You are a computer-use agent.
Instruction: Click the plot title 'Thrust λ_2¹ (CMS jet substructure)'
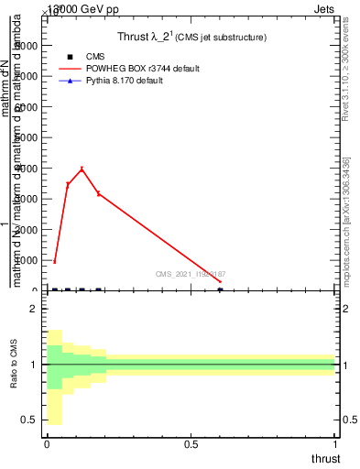tap(191, 38)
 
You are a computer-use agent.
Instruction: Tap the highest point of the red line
tap(82, 169)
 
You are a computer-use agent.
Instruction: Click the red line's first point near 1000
tap(55, 261)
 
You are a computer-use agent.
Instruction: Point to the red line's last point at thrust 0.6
tap(220, 282)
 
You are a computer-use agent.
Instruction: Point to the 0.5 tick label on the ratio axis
tap(28, 420)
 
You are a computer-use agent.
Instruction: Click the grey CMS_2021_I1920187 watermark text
tap(191, 274)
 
